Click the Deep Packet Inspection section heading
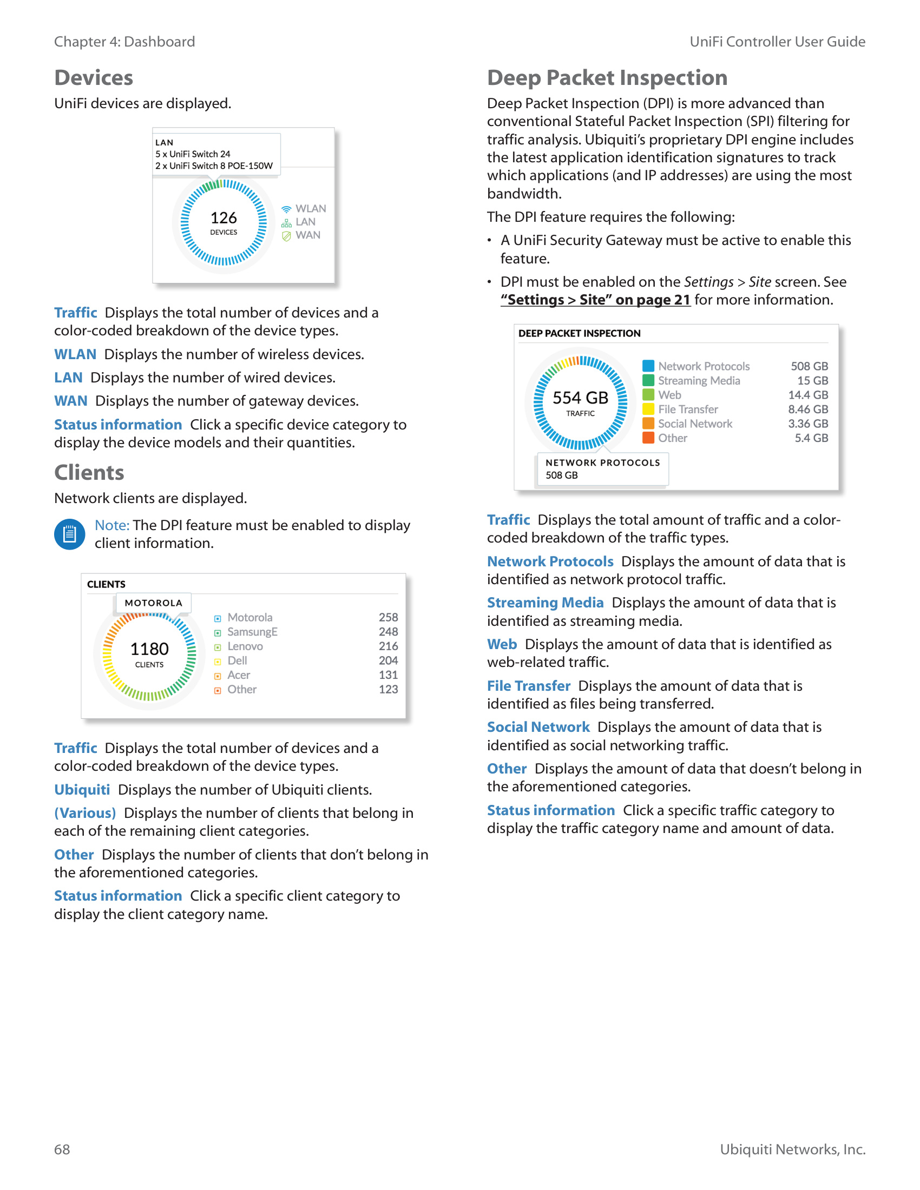[607, 78]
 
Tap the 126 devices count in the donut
[224, 218]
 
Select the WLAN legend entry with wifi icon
[304, 209]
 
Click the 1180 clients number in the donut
[149, 649]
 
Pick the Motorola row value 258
[388, 617]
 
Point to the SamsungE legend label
[252, 632]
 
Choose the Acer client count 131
[388, 675]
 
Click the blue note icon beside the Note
[70, 534]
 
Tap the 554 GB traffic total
[580, 398]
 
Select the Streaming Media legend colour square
[648, 380]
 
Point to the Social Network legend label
[695, 424]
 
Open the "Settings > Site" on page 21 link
[595, 300]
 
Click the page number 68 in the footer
[62, 1149]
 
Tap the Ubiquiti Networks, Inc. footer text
[792, 1149]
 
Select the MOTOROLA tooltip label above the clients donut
[153, 603]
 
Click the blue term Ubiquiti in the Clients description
[82, 790]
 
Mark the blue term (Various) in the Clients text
[85, 814]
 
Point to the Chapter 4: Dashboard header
[124, 42]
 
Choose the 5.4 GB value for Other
[811, 438]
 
